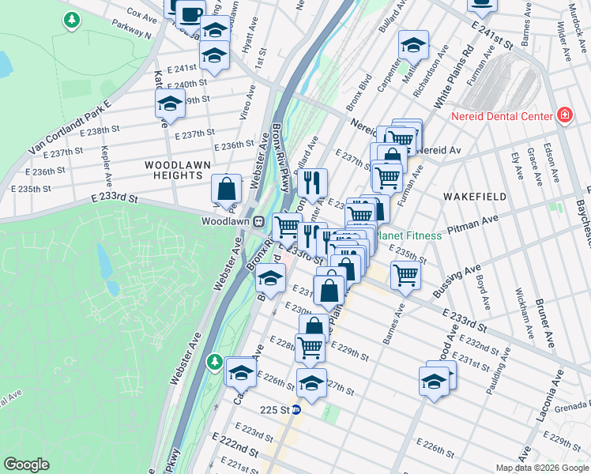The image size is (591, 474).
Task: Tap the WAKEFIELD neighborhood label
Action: (469, 194)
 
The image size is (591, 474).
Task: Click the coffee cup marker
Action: (190, 13)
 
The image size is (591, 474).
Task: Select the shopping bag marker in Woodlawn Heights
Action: (227, 189)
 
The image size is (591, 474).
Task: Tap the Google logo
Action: (26, 465)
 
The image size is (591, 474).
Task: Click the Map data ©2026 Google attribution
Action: (541, 468)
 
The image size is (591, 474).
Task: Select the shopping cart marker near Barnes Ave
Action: (405, 276)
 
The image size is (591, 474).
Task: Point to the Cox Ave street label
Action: (142, 14)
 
